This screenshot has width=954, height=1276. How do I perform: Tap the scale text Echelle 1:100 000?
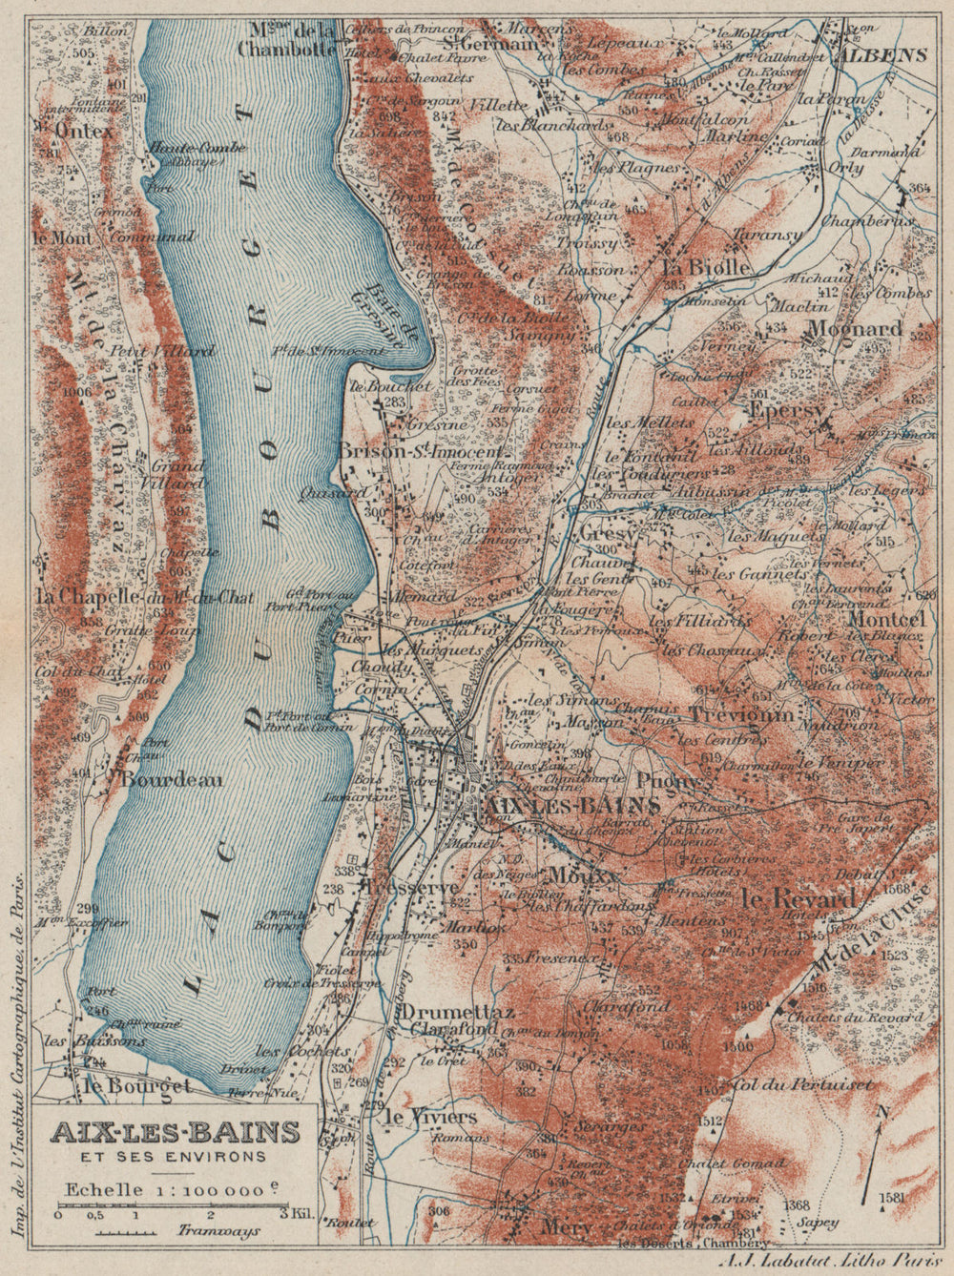[174, 1190]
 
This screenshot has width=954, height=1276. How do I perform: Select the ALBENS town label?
[882, 54]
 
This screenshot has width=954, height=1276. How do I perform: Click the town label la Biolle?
[705, 268]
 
